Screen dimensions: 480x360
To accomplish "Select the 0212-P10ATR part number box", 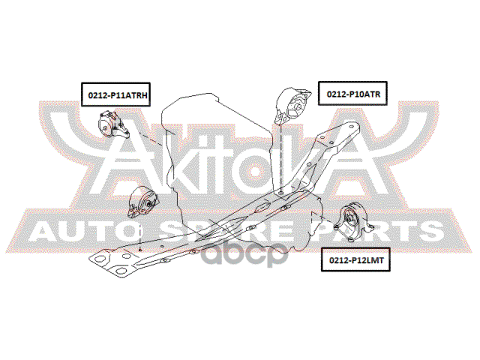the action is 353,94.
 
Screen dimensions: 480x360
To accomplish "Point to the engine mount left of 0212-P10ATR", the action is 291,105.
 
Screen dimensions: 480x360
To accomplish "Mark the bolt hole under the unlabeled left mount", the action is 140,248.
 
